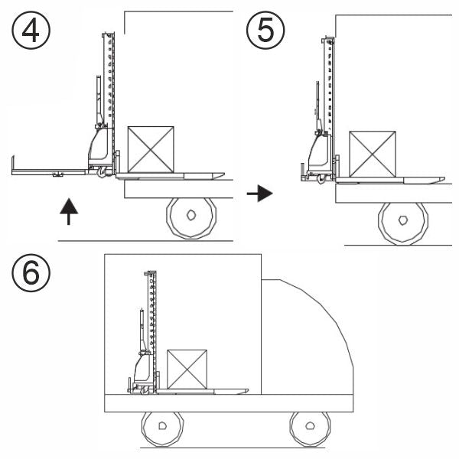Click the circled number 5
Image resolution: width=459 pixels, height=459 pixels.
[265, 31]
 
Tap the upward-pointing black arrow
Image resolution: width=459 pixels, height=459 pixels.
[69, 210]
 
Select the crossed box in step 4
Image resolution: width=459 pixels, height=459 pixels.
[151, 149]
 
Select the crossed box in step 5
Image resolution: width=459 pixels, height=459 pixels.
[373, 155]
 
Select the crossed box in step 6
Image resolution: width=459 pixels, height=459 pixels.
[187, 369]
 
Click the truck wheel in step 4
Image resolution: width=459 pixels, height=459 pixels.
[191, 216]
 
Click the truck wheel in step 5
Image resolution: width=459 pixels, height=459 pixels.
[403, 222]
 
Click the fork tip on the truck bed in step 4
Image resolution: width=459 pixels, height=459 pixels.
[217, 175]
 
